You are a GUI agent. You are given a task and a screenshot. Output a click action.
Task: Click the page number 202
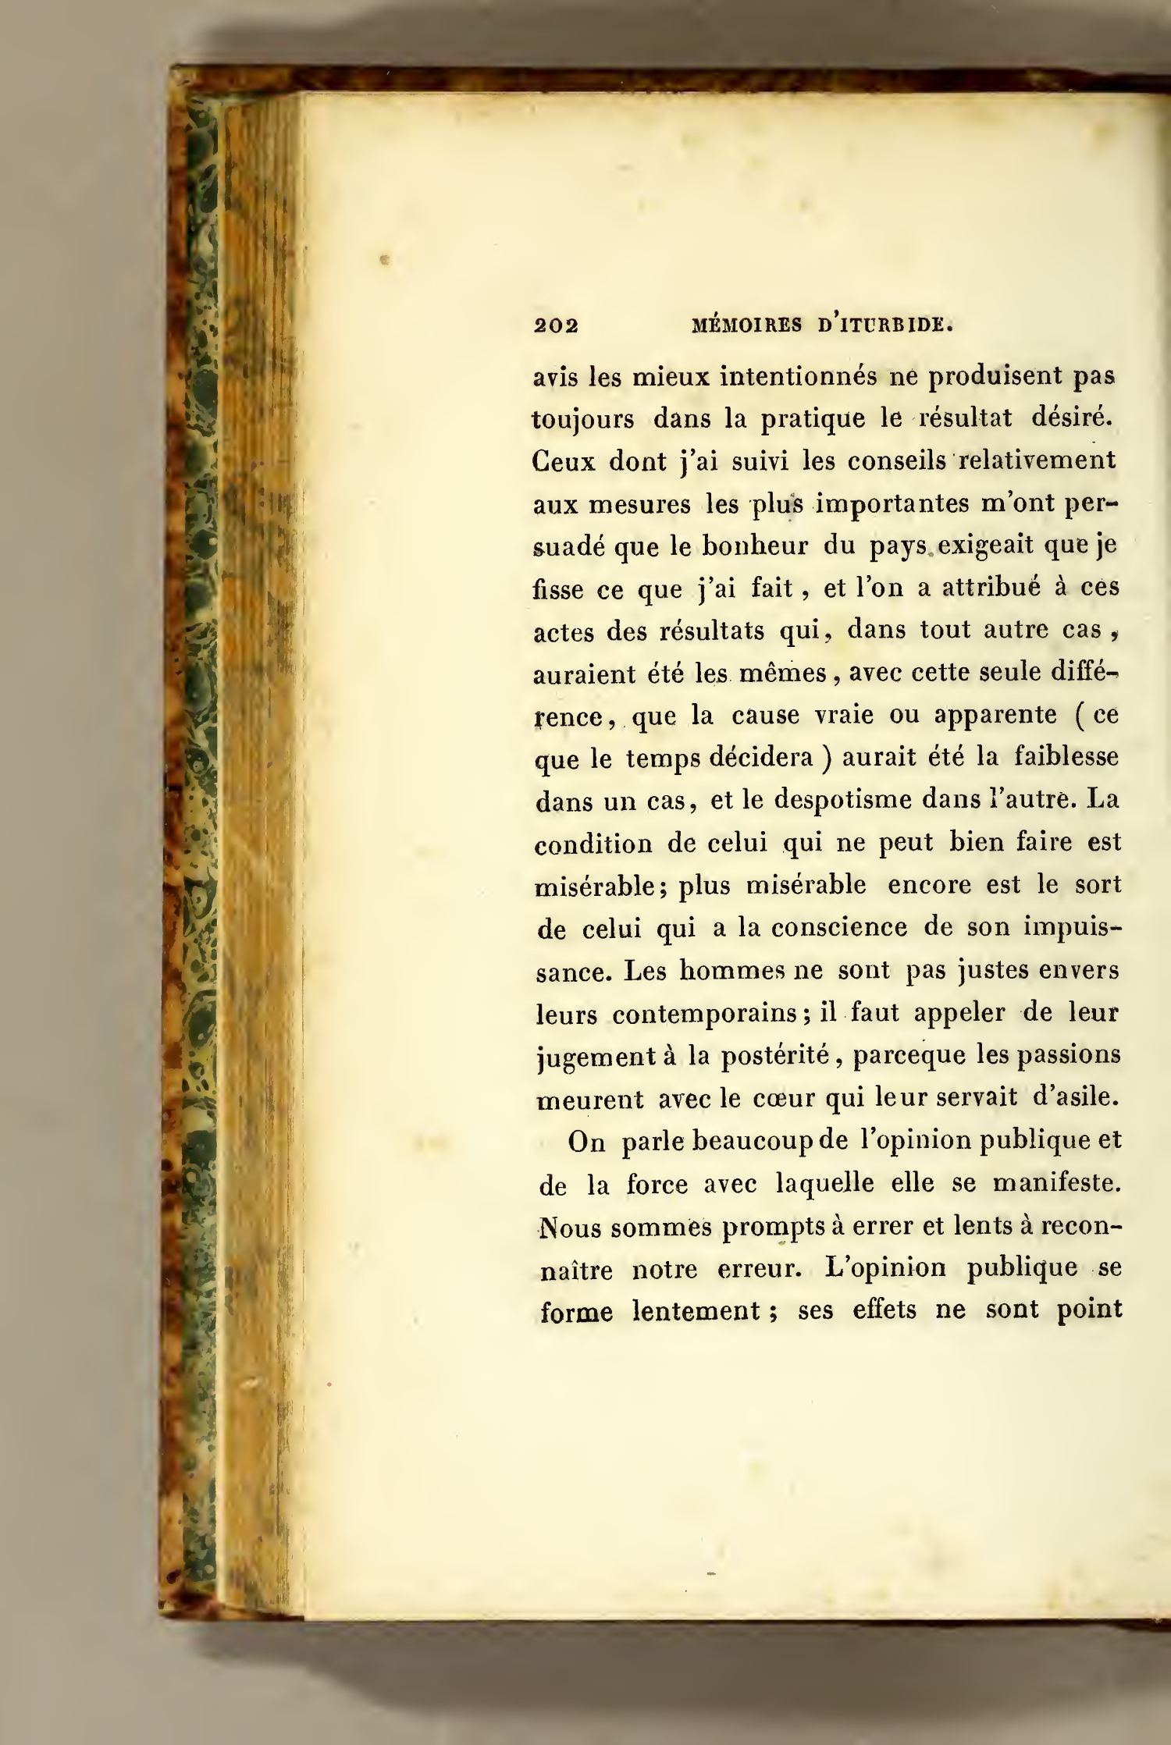click(x=556, y=325)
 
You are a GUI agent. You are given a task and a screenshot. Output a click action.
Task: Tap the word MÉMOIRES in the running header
click(x=747, y=325)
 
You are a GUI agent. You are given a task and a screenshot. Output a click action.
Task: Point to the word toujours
click(x=582, y=420)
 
